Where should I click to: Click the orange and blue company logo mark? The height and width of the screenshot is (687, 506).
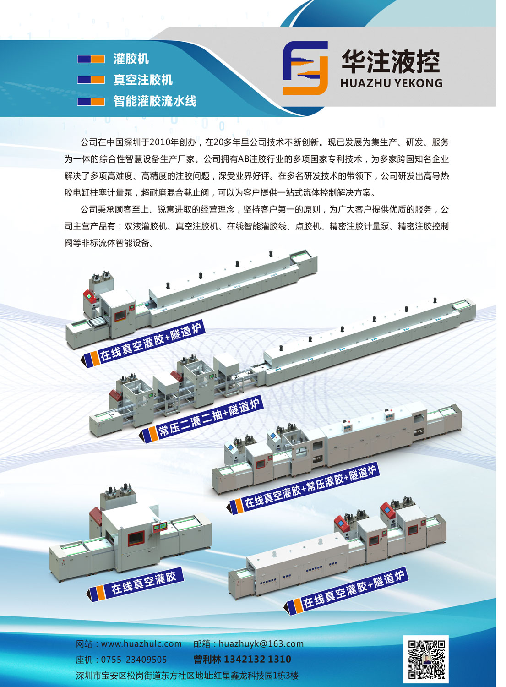[305, 68]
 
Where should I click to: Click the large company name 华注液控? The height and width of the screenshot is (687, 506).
[391, 62]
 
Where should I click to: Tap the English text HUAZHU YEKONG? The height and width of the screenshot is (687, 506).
[392, 83]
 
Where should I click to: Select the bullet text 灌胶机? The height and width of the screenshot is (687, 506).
[131, 59]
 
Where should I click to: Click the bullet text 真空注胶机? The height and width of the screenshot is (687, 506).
[143, 80]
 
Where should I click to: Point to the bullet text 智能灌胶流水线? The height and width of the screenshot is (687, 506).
[155, 101]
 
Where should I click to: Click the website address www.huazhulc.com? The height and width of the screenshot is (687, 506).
[141, 644]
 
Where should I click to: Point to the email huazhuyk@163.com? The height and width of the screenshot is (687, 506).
[261, 644]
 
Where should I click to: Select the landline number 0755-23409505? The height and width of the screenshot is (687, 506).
[134, 660]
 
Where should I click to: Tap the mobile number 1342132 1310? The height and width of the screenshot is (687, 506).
[257, 659]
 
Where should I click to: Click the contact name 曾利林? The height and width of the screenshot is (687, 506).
[207, 659]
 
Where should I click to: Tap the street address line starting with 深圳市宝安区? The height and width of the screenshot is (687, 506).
[187, 676]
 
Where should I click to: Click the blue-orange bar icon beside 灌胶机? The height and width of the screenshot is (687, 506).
[91, 59]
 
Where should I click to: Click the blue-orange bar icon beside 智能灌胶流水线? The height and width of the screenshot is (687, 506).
[91, 101]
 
